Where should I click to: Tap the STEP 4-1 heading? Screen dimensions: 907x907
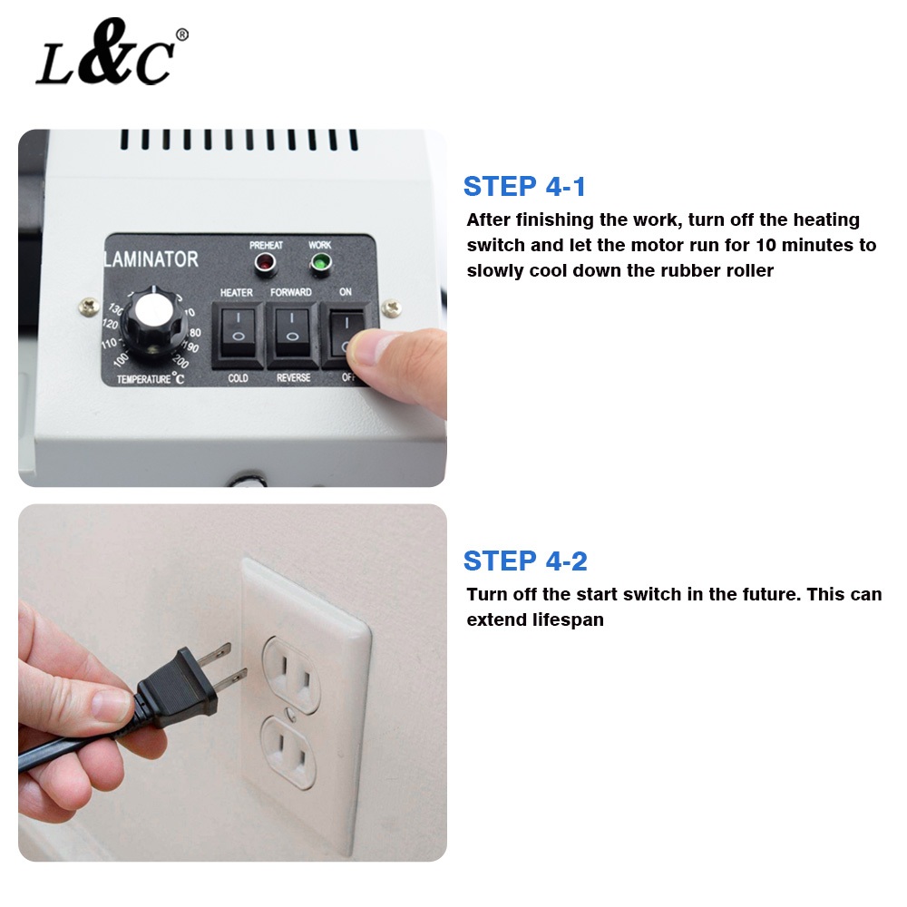coord(524,187)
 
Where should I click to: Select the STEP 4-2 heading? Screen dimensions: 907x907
coord(525,561)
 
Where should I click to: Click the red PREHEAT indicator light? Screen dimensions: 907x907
coord(266,263)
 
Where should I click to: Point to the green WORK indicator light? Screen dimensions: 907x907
coord(320,263)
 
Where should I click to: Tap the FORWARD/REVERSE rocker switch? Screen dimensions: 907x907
coord(293,335)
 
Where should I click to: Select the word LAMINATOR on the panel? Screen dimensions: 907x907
coord(151,259)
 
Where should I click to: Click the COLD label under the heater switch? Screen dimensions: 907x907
coord(238,378)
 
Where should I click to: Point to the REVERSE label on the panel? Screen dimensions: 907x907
coord(293,377)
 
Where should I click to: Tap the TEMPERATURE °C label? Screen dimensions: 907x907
coord(151,379)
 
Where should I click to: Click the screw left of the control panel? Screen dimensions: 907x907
coord(89,306)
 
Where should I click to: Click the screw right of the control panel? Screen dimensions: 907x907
coord(392,307)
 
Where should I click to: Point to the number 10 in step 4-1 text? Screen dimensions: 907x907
coord(766,245)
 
